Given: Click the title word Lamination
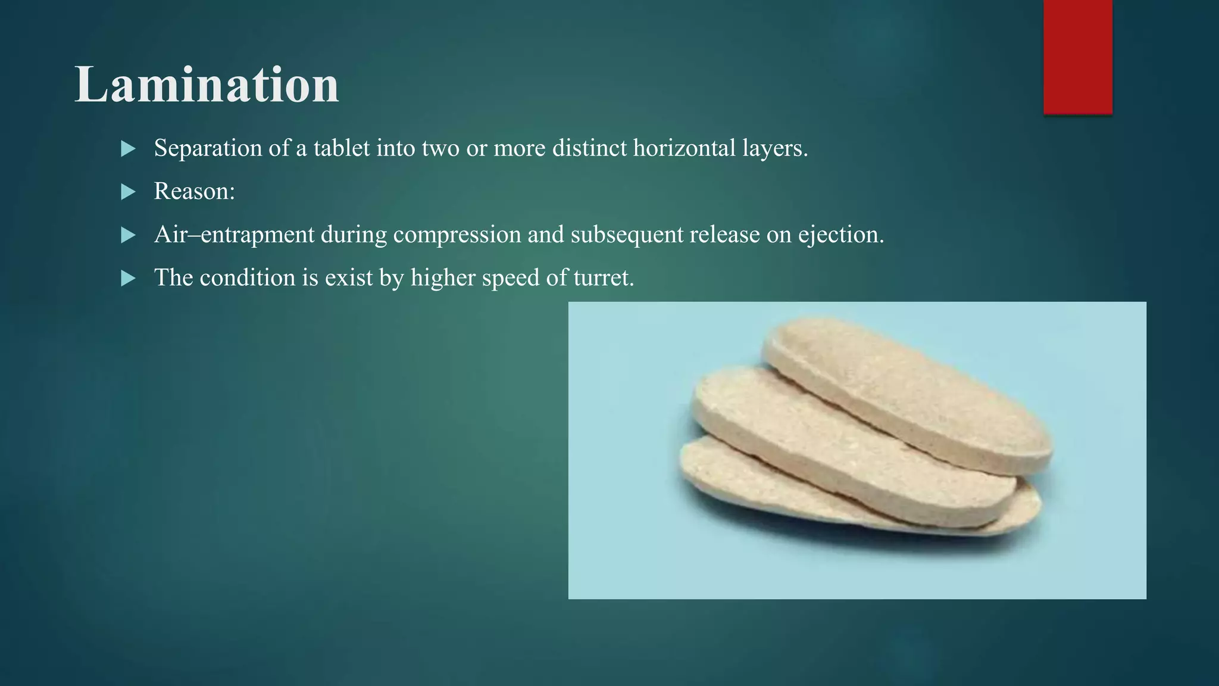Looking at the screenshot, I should (x=207, y=85).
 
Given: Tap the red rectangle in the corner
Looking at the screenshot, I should (x=1077, y=57).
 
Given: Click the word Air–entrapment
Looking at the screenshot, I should (x=233, y=235).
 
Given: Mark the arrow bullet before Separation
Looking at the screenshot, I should (x=128, y=149).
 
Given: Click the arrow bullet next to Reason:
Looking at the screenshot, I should (x=128, y=192).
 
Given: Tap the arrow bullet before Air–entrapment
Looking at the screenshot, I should (x=128, y=235).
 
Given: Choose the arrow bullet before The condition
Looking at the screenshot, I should (x=128, y=278).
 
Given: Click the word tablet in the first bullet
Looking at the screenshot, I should (x=341, y=148).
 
